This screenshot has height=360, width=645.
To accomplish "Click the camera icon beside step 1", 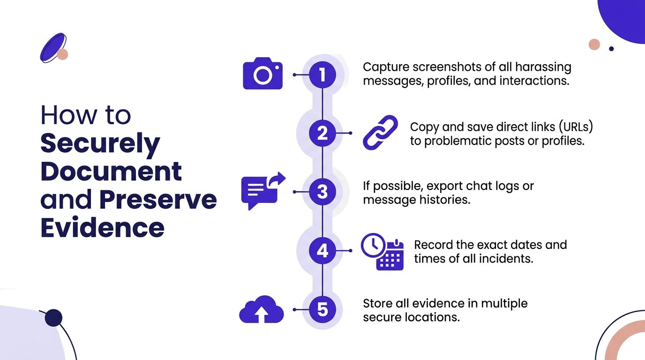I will point(262,74).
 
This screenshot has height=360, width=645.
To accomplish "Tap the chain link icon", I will point(380,133).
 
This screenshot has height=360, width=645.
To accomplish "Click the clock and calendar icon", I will point(382,252).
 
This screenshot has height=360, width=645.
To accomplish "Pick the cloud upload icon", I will point(262,309).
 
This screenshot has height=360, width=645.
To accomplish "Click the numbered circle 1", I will point(322,75).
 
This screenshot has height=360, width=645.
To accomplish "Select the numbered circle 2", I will point(322,133).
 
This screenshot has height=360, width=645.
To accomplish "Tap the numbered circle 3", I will point(322,192).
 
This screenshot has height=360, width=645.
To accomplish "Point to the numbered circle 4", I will point(322,251).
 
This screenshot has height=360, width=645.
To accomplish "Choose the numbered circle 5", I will point(322,310).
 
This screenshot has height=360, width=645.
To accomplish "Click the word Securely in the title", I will point(100,144).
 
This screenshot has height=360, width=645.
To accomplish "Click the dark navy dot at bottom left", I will point(53,317).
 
